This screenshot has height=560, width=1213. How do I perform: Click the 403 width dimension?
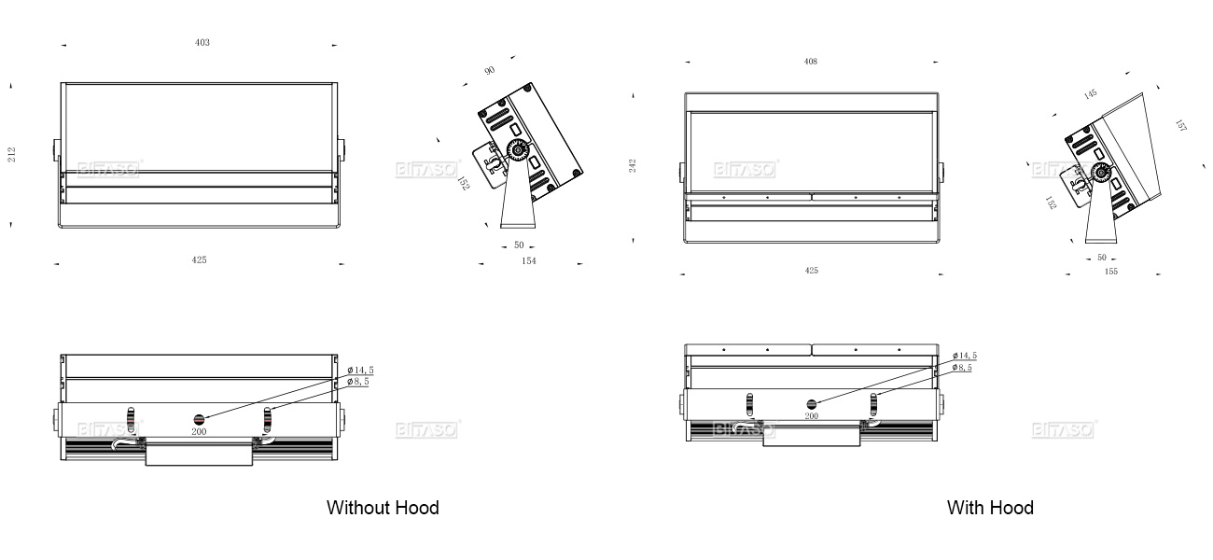pyautogui.click(x=202, y=43)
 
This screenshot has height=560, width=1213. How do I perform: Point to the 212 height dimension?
pyautogui.click(x=12, y=154)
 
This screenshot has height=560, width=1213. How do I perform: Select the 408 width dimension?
pyautogui.click(x=811, y=62)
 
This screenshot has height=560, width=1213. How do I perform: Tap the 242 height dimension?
pyautogui.click(x=633, y=165)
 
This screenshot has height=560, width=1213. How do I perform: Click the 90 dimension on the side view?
pyautogui.click(x=490, y=70)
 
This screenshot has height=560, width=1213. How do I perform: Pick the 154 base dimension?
pyautogui.click(x=529, y=261)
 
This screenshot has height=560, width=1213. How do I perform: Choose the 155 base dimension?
pyautogui.click(x=1110, y=272)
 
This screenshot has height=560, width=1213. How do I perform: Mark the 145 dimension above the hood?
pyautogui.click(x=1091, y=94)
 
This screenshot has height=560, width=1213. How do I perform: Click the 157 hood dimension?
pyautogui.click(x=1180, y=126)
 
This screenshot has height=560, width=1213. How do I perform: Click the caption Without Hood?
pyautogui.click(x=383, y=508)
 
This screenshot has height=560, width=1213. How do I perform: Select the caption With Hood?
pyautogui.click(x=990, y=508)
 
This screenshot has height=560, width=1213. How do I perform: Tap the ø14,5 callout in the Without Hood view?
pyautogui.click(x=360, y=371)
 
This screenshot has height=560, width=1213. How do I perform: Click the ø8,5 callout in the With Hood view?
pyautogui.click(x=962, y=368)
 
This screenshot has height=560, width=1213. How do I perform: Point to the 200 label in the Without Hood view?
pyautogui.click(x=199, y=432)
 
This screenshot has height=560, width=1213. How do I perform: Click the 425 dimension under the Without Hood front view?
pyautogui.click(x=199, y=260)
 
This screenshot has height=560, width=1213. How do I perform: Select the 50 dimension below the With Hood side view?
pyautogui.click(x=1101, y=258)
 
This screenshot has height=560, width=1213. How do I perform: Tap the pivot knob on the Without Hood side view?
pyautogui.click(x=515, y=150)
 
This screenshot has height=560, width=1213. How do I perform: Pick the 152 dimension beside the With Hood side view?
pyautogui.click(x=1052, y=203)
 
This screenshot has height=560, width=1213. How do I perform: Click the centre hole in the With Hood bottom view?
pyautogui.click(x=811, y=403)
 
